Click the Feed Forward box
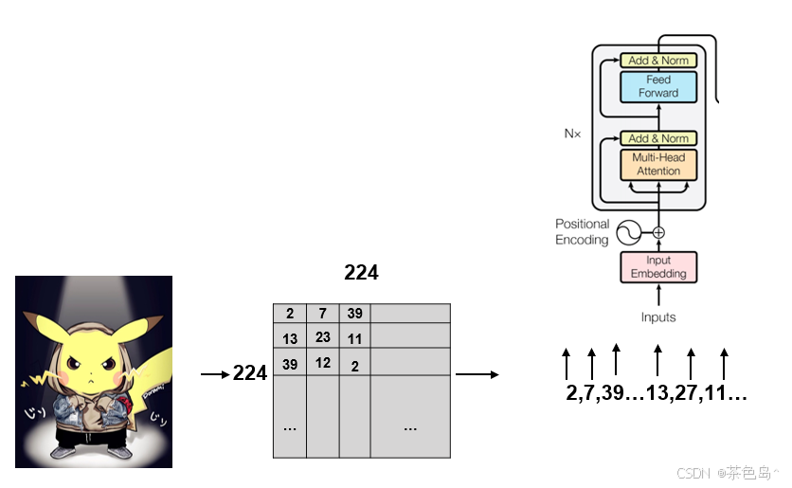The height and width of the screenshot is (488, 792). click(x=658, y=86)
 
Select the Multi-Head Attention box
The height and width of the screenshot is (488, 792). click(x=658, y=164)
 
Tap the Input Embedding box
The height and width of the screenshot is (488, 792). click(x=658, y=267)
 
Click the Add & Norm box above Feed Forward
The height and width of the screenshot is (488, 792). click(x=658, y=61)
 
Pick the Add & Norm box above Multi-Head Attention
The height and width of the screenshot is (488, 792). click(x=658, y=138)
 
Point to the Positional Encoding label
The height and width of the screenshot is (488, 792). click(x=582, y=232)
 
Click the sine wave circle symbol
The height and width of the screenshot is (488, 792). click(x=630, y=232)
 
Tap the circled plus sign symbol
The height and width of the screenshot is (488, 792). click(x=658, y=232)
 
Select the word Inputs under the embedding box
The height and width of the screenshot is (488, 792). click(x=658, y=317)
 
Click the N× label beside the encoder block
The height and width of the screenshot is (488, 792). click(x=572, y=134)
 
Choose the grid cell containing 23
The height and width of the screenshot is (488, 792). click(x=322, y=336)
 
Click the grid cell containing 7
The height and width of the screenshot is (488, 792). click(x=322, y=314)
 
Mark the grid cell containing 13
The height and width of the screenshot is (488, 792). click(x=289, y=338)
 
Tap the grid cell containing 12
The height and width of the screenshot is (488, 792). click(x=322, y=362)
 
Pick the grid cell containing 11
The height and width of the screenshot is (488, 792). click(x=354, y=338)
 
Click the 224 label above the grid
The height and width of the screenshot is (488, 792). click(x=361, y=273)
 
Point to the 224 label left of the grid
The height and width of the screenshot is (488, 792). click(x=250, y=374)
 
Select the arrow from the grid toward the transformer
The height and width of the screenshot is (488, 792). click(x=477, y=374)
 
